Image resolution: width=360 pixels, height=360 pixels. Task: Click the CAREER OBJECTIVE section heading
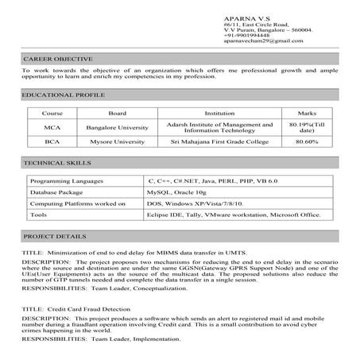[57, 59]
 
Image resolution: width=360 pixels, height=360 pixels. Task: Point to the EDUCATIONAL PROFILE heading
[64, 95]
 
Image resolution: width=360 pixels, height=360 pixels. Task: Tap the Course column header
[52, 114]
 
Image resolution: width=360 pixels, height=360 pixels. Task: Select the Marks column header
[306, 114]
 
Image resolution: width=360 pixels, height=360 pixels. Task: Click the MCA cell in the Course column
[52, 127]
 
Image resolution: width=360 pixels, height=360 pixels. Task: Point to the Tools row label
[39, 214]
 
